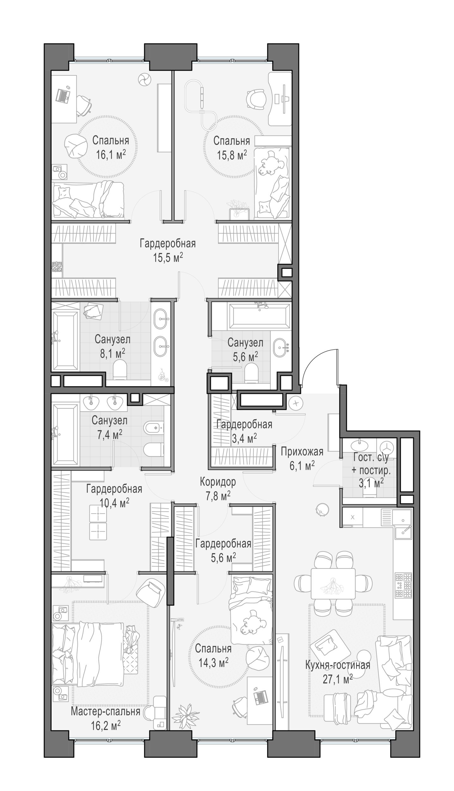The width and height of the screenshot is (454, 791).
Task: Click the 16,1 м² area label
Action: pyautogui.click(x=111, y=155)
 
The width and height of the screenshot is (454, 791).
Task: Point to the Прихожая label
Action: pyautogui.click(x=302, y=452)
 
